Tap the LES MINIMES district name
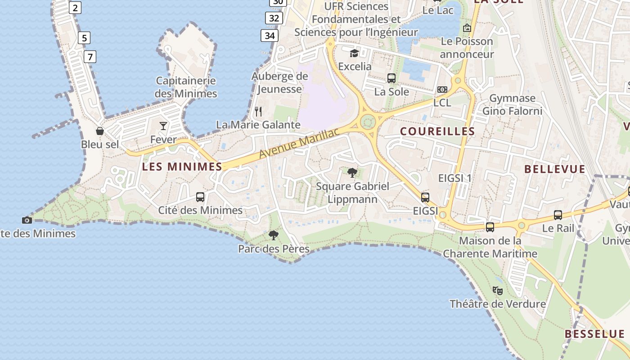[x=182, y=166]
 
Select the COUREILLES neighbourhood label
[x=437, y=131]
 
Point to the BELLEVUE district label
[x=555, y=169]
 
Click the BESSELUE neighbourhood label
[x=594, y=334]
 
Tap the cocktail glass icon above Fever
[x=163, y=126]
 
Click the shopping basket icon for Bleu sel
[x=100, y=131]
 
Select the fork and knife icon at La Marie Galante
[x=258, y=111]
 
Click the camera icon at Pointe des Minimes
[x=27, y=220]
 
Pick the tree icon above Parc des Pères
[x=273, y=235]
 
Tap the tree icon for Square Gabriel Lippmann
[x=352, y=172]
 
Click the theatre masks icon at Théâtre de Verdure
[x=497, y=290]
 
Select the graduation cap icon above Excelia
[x=355, y=53]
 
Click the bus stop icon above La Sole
[x=391, y=78]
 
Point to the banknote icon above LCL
[x=442, y=90]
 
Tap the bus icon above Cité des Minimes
[x=200, y=197]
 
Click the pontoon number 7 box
[x=90, y=57]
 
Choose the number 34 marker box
[x=269, y=35]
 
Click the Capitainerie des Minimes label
[x=186, y=87]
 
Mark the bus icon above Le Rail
[x=558, y=215]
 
